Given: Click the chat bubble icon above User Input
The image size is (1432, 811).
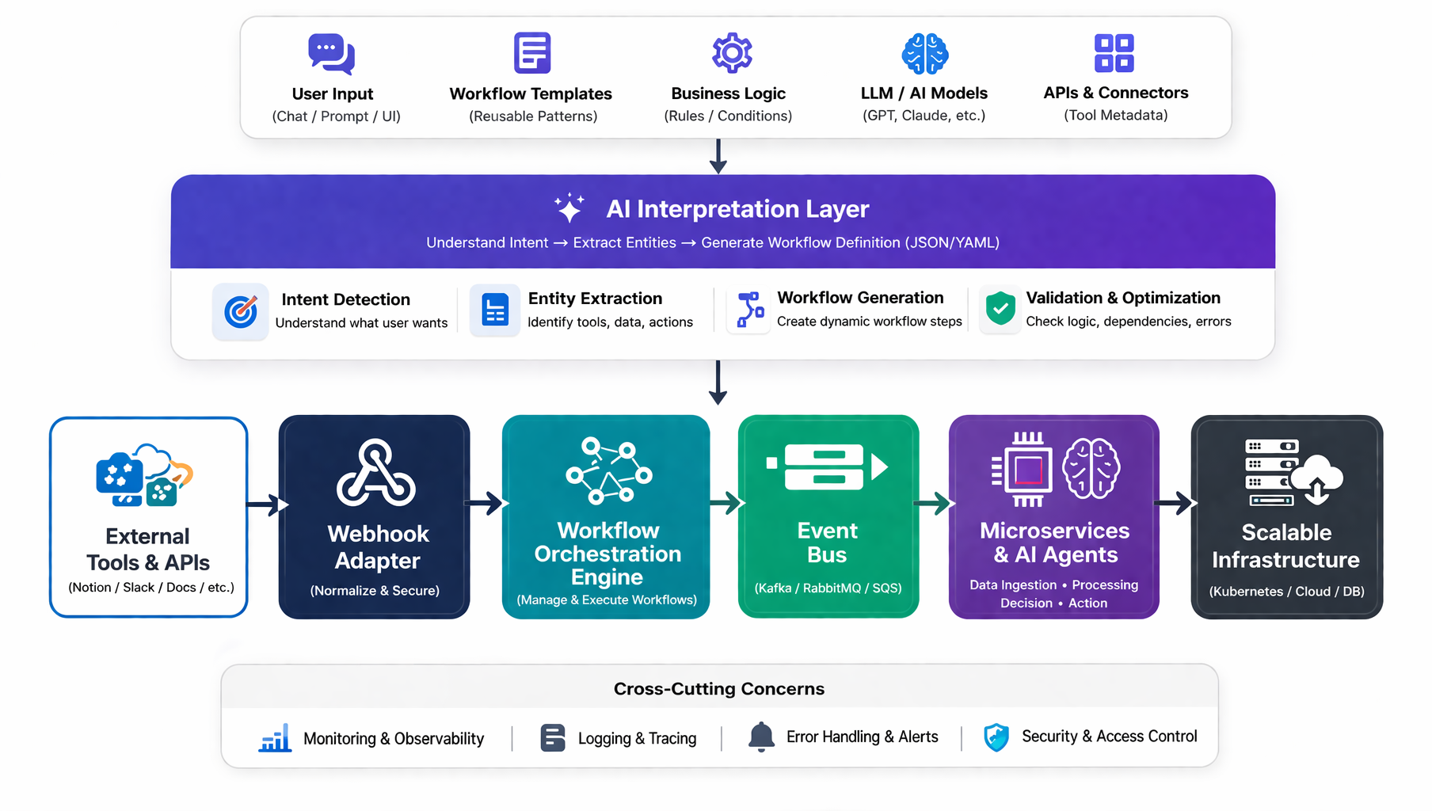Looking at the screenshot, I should click(331, 54).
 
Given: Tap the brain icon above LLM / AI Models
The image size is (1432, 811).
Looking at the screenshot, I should click(924, 54).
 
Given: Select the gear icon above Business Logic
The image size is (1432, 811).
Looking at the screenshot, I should click(732, 53).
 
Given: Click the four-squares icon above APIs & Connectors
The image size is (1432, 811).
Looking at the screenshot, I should click(1114, 53).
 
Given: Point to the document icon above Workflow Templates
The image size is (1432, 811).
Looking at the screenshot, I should click(532, 53).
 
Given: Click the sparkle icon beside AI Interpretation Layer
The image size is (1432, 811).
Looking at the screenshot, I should click(569, 208).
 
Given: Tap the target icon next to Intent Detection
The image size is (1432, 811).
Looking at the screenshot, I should click(241, 311).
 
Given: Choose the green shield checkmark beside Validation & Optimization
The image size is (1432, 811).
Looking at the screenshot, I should click(1000, 308).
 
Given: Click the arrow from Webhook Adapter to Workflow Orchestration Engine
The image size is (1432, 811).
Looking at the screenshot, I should click(486, 503).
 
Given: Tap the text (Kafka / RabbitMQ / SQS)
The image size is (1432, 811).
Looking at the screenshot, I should click(828, 588).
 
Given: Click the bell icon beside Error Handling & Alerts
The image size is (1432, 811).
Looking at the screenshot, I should click(761, 737).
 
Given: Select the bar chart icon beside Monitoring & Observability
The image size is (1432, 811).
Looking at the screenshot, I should click(275, 738).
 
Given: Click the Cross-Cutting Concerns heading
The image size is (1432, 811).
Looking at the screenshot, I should click(718, 689).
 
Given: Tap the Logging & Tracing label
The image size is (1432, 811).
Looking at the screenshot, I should click(637, 738).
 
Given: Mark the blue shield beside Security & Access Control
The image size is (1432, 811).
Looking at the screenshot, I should click(996, 737).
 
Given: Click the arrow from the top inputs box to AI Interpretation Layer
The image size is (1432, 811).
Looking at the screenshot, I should click(718, 156).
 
